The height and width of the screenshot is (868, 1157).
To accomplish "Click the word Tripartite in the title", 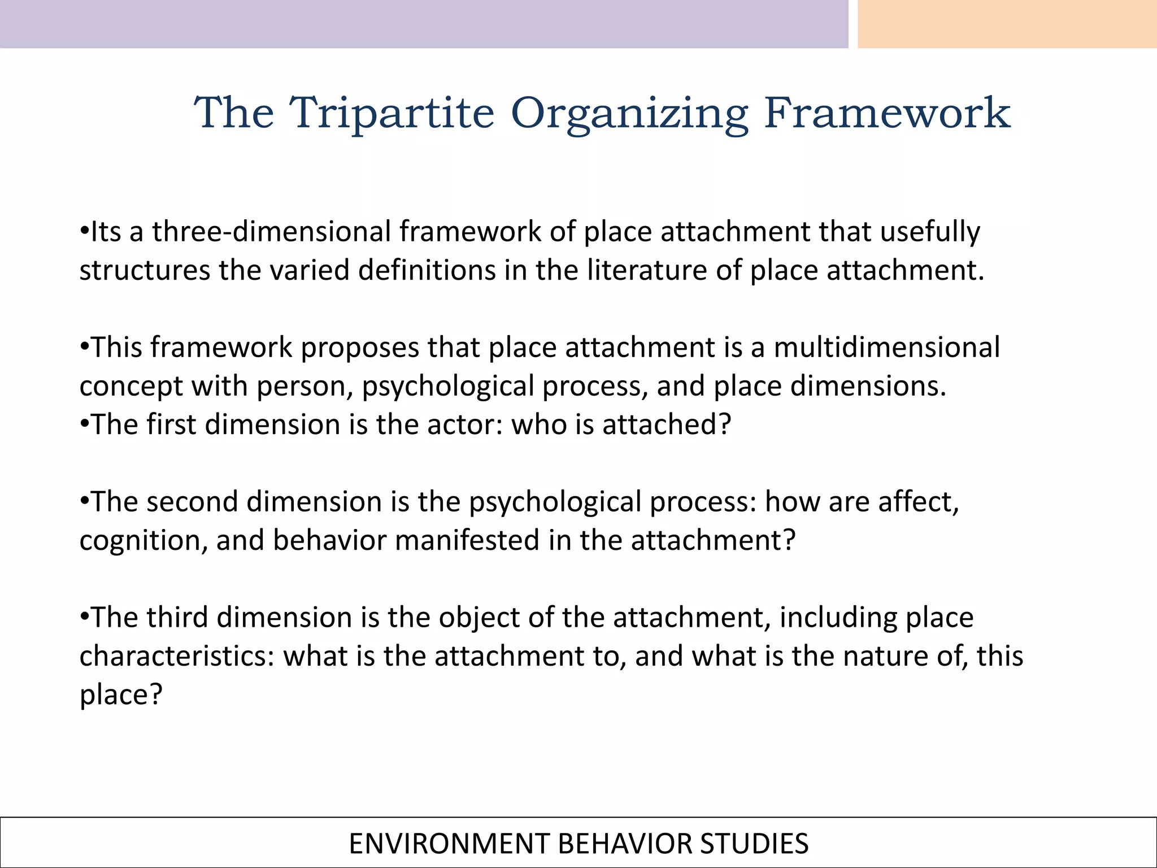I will coord(392,113).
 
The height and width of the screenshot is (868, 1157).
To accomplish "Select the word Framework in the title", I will coord(886,113).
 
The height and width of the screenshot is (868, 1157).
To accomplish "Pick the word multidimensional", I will coord(886,347).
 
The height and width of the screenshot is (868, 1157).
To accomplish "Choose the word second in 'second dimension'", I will coord(192,502).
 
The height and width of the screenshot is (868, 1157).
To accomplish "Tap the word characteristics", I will coord(177,656).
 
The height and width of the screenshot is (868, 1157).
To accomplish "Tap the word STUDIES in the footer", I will coord(754,844).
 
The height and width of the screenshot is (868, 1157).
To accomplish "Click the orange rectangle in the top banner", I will coord(1007,24).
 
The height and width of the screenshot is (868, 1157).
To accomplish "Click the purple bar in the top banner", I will coord(424,24).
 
